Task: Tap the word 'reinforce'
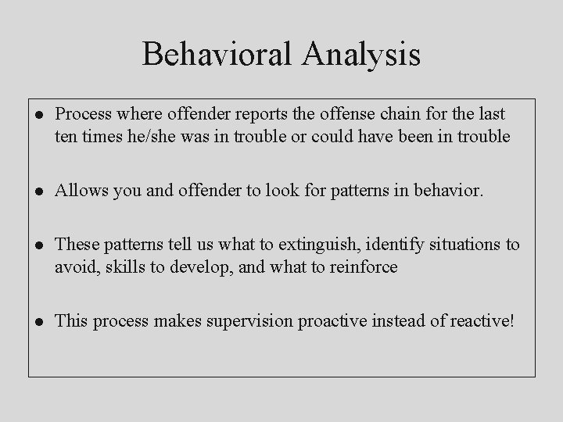tap(365, 268)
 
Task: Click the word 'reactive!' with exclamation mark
tap(485, 321)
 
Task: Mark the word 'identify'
tap(385, 245)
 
